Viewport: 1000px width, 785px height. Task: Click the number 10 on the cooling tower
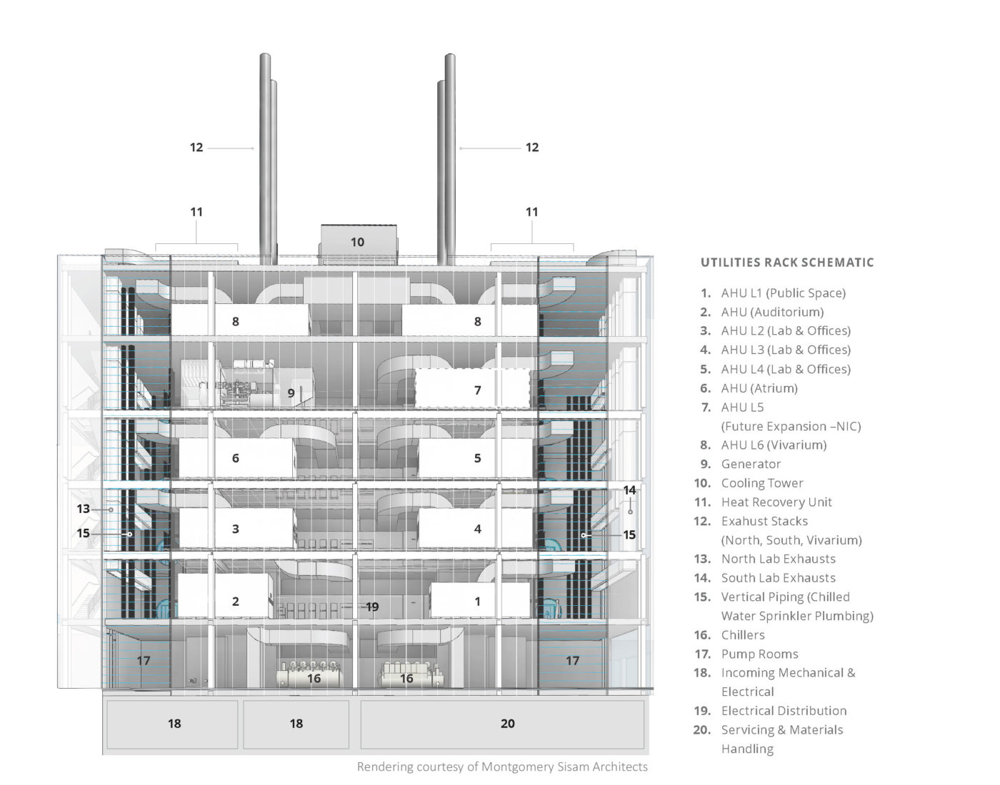coord(357,242)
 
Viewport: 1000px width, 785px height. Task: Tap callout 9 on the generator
coord(291,392)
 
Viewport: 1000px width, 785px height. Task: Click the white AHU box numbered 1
coord(477,601)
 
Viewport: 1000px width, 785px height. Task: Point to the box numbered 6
coord(235,458)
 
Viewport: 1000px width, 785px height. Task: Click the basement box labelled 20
coord(507,724)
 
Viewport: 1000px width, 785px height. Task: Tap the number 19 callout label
coord(372,607)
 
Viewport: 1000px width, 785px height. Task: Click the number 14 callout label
coord(629,490)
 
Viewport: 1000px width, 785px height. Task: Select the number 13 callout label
coord(84,509)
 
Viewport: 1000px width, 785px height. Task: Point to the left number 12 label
coord(196,148)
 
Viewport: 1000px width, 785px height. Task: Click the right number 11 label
coord(531,212)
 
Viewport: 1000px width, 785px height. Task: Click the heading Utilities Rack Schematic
coord(786,263)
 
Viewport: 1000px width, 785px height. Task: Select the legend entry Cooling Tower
coord(761,483)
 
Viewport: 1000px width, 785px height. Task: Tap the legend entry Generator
coord(751,464)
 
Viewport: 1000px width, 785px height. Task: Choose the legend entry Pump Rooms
coord(759,654)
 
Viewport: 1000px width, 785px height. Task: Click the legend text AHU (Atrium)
coord(759,388)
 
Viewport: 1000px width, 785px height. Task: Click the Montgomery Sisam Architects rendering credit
coord(502,767)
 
